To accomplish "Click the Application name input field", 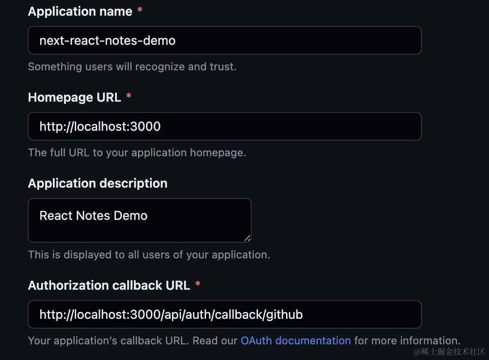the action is click(x=224, y=40).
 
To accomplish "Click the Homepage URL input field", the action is click(x=224, y=126).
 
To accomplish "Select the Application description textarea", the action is click(x=140, y=220).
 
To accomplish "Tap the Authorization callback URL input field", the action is click(x=224, y=314).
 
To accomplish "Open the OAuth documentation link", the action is click(x=296, y=341).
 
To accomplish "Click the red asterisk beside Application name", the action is click(x=140, y=10).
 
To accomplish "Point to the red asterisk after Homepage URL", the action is click(x=129, y=96).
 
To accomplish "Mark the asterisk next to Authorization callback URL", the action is click(x=198, y=284).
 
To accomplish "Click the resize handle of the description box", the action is click(x=247, y=238).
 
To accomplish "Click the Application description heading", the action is click(x=98, y=184).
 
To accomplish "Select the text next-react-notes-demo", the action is click(x=107, y=41).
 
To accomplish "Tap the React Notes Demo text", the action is click(x=93, y=215).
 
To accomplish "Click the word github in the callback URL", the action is click(x=284, y=315).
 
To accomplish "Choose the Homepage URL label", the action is click(x=74, y=97).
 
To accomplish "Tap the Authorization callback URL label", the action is click(x=109, y=285).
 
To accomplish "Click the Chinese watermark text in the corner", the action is click(x=449, y=352).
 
